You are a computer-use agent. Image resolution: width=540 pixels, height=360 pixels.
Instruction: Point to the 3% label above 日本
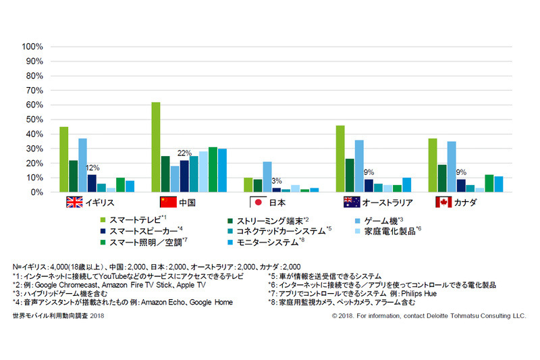point(276,181)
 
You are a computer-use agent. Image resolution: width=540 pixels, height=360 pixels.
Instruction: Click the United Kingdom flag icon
point(74,203)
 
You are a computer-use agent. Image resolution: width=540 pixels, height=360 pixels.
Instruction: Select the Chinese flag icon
point(167,203)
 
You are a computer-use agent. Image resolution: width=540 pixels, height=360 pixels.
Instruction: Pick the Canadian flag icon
point(443,203)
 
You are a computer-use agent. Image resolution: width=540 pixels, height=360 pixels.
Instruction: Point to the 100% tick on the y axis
point(32,47)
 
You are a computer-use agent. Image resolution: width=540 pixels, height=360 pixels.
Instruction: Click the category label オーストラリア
point(389,203)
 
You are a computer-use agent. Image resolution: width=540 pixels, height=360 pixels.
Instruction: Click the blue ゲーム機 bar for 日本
point(267,177)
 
